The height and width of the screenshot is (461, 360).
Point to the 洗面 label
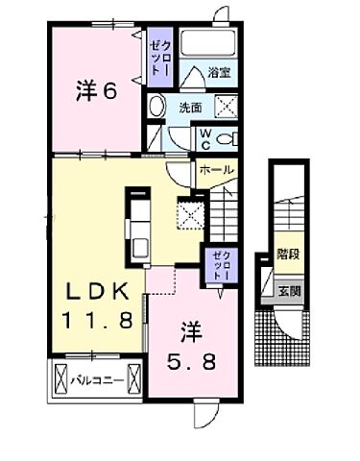(189, 109)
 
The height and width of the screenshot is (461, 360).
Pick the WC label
(205, 138)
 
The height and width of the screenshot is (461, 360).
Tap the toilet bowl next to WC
(228, 139)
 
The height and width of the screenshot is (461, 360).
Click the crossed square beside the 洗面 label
(228, 108)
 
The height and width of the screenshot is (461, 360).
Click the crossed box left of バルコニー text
(60, 376)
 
